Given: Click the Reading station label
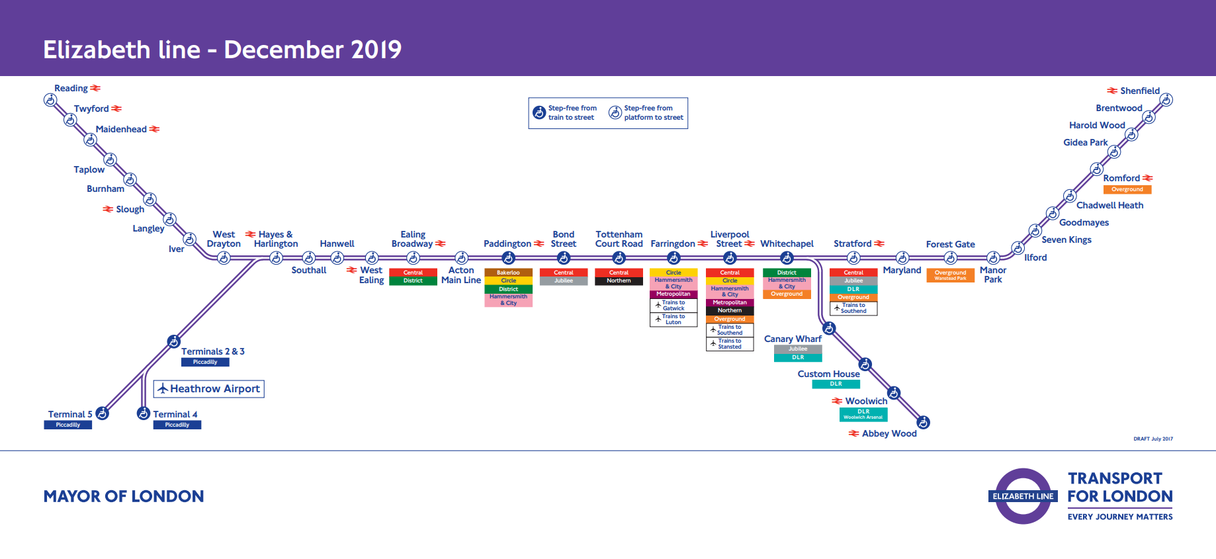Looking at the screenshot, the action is click(x=71, y=88).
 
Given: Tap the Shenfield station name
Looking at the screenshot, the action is click(x=1140, y=91).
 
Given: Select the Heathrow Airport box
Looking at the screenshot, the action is click(x=209, y=389).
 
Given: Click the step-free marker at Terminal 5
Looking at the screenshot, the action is click(x=102, y=413).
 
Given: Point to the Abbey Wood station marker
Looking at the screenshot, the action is click(x=924, y=422).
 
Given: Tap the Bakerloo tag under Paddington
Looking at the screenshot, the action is click(x=508, y=273).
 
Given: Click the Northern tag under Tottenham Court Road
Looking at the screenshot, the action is click(x=619, y=281).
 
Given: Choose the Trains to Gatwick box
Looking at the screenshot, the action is click(x=673, y=306).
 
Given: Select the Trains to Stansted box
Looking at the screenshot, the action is click(x=730, y=344).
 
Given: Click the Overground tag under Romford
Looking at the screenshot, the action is click(x=1127, y=190).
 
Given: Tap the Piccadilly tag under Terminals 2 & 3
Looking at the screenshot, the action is click(x=205, y=363).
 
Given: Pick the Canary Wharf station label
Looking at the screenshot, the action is click(x=793, y=339).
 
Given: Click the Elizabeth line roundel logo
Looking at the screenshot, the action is click(x=1023, y=496).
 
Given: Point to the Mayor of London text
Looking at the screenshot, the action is click(x=124, y=496).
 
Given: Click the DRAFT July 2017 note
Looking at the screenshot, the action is click(x=1153, y=439).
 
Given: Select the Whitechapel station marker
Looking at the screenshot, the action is click(x=787, y=258).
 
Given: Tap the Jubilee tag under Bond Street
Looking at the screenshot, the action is click(x=564, y=281).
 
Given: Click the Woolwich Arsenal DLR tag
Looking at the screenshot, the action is click(x=863, y=414).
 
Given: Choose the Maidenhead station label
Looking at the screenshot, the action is click(x=121, y=129).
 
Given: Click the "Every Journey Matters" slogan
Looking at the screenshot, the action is click(x=1120, y=517).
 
